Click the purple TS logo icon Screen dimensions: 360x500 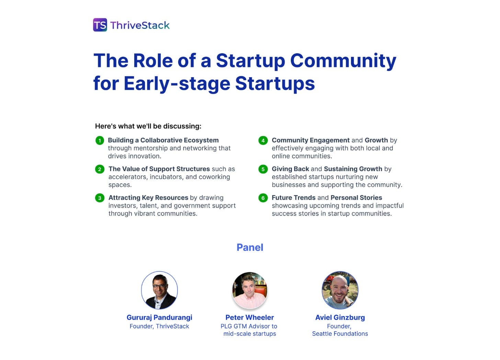[x=100, y=25]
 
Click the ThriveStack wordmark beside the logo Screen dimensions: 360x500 [x=140, y=25]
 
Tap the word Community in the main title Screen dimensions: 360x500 [x=343, y=61]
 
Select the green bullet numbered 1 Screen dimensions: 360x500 [x=100, y=140]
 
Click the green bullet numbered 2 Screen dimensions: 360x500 [x=100, y=169]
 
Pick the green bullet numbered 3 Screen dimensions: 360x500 [x=100, y=198]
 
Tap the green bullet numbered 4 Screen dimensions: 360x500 [x=263, y=140]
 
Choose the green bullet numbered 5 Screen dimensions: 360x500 [x=263, y=169]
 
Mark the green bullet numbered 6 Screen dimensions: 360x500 [x=263, y=198]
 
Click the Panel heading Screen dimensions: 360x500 [x=250, y=247]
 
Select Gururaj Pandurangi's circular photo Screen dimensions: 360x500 [x=159, y=290]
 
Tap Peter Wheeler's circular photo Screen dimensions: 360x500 [x=250, y=290]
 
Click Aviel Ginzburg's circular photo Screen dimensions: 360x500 [x=340, y=290]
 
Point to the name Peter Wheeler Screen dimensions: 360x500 [x=250, y=317]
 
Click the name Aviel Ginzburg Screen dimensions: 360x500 [x=340, y=317]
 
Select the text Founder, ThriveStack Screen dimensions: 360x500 [x=159, y=326]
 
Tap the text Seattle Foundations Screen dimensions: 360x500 [x=340, y=334]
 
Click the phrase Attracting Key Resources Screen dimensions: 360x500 [x=148, y=198]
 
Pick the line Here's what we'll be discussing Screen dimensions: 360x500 [x=148, y=126]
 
